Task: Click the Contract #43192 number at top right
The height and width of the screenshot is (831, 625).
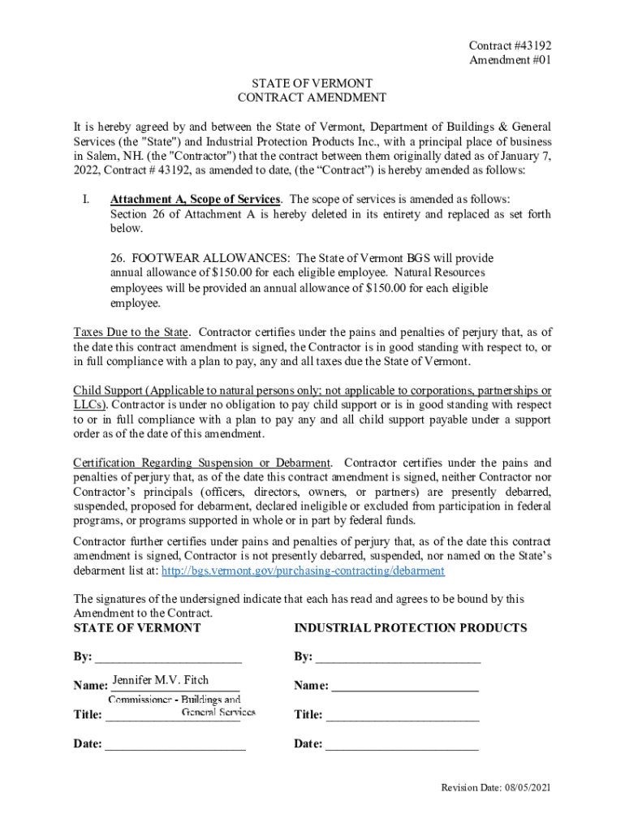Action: coord(504,46)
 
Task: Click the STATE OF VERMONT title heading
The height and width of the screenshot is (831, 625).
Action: coord(312,84)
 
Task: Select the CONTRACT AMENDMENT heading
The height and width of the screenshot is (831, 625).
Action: coord(312,98)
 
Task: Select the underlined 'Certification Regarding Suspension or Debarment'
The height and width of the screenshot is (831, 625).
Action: coord(202,463)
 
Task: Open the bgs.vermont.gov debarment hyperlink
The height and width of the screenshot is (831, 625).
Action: coord(303,571)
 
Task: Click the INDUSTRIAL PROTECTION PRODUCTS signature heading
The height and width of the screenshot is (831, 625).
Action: coord(410,628)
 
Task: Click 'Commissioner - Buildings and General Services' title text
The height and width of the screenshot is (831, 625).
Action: coord(182,705)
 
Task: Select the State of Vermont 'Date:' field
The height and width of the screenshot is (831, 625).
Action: coord(175,744)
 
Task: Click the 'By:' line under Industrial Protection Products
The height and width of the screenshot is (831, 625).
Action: coord(398,657)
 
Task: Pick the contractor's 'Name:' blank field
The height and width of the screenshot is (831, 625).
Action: coord(405,687)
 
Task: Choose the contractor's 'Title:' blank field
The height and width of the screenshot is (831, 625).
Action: coord(403,715)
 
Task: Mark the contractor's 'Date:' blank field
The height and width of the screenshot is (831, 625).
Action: coord(402,744)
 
